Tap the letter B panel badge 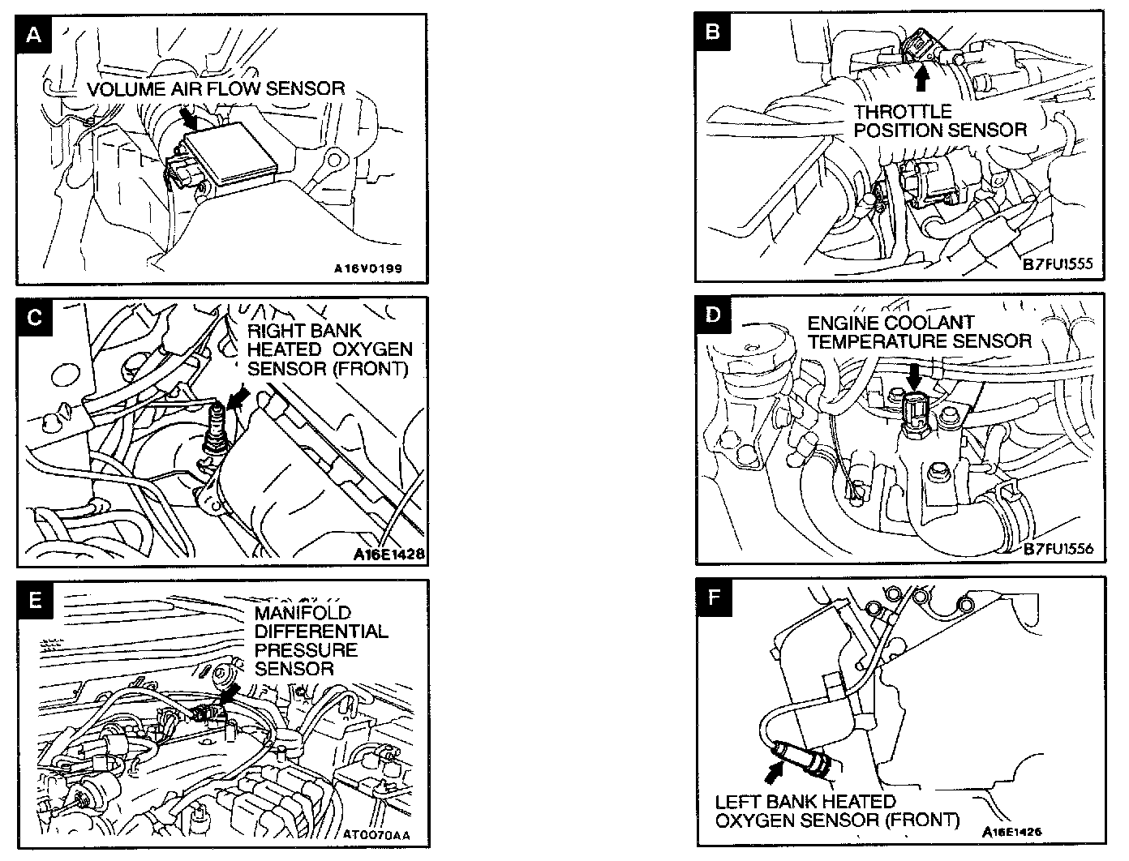pos(713,32)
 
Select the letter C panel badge pos(33,317)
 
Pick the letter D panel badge pos(713,314)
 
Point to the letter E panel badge pos(33,599)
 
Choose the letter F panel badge pos(713,597)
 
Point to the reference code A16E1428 pos(389,555)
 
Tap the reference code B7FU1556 pos(1058,549)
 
